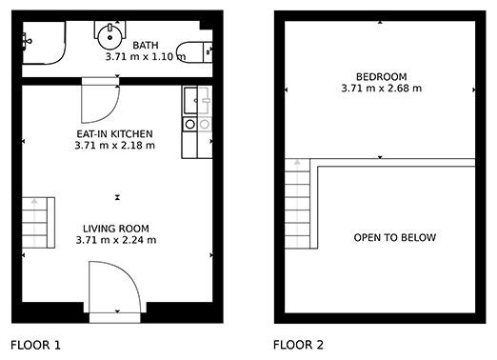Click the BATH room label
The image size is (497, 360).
pos(146,46)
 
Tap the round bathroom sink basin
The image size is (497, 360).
pos(109,37)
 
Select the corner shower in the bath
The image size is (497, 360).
pos(44,43)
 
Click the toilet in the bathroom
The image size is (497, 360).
pos(194,52)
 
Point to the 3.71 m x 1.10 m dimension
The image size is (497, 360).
pos(146,57)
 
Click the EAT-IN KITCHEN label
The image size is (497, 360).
pos(114,133)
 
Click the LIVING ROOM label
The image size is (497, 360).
pos(116,229)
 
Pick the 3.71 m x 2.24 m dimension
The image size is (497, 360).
pos(116,240)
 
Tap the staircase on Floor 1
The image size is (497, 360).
pos(38,223)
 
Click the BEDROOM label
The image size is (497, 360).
pos(381,77)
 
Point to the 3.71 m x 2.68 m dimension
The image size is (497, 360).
pos(381,88)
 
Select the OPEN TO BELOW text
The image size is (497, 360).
pos(395,237)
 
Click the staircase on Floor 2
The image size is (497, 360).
pos(297,204)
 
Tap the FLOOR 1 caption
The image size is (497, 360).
pos(35,345)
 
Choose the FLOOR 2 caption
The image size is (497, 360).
pos(298,345)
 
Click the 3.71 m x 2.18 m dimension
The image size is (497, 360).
pos(114,146)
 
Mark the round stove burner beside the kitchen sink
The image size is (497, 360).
pos(190,124)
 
